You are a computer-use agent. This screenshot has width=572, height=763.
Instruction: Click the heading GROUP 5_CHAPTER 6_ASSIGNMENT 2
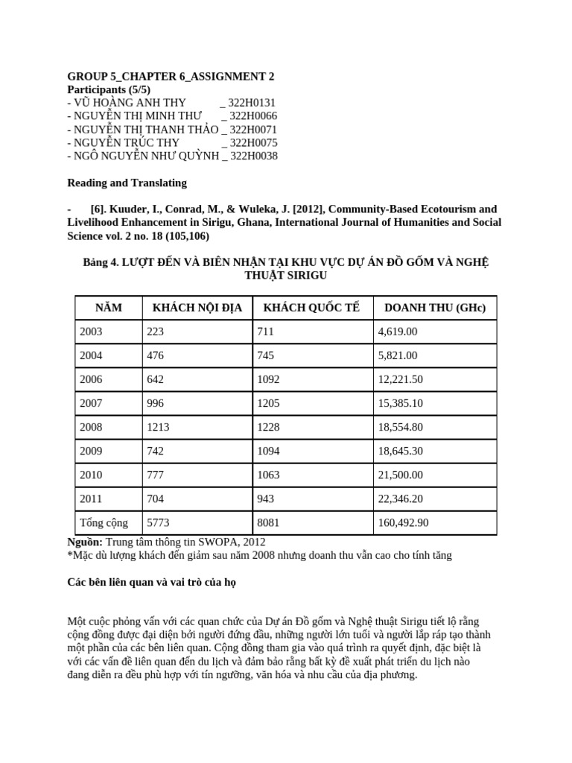pyautogui.click(x=165, y=77)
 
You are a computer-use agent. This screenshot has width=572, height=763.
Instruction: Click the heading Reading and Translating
pyautogui.click(x=127, y=183)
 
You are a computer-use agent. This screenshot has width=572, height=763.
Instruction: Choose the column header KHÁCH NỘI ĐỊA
pyautogui.click(x=197, y=308)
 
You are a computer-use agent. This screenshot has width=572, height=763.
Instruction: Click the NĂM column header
pyautogui.click(x=109, y=308)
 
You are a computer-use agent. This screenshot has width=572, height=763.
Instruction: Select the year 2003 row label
pyautogui.click(x=91, y=332)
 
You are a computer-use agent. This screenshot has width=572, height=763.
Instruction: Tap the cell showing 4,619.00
pyautogui.click(x=398, y=332)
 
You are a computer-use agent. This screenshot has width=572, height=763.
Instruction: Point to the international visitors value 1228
pyautogui.click(x=269, y=427)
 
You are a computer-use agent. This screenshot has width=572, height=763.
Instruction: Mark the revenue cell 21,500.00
pyautogui.click(x=401, y=475)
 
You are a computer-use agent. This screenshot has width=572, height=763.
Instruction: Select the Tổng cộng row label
pyautogui.click(x=104, y=522)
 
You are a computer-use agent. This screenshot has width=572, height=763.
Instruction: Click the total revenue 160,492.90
pyautogui.click(x=404, y=522)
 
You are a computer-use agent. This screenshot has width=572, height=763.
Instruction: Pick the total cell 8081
pyautogui.click(x=268, y=522)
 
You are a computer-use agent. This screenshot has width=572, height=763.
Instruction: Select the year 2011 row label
pyautogui.click(x=91, y=498)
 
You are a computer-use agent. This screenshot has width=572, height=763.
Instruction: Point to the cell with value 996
pyautogui.click(x=155, y=403)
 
